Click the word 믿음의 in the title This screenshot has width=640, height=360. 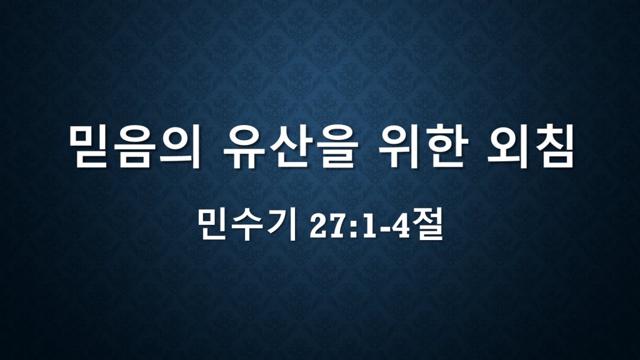pos(136,147)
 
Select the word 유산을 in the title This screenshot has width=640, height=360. pos(291,147)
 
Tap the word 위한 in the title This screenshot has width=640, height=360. pos(422,147)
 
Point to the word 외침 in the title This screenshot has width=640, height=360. pos(530,147)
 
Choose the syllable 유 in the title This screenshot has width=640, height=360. pos(244,147)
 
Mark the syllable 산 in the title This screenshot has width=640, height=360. pos(291,147)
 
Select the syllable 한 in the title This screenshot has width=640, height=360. pos(445,147)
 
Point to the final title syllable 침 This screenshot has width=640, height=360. pos(552,147)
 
